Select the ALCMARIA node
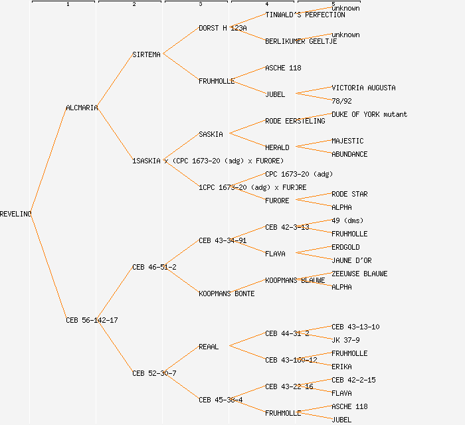coord(82,108)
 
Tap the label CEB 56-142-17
coord(92,320)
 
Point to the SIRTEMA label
coord(146,54)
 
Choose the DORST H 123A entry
coord(223,28)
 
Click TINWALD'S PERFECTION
coord(305,15)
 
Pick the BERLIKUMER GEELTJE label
coord(301,41)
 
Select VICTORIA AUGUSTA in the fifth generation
coord(363,88)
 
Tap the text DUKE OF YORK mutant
coord(369,114)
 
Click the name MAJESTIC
coord(347,141)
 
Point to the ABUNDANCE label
coord(349,154)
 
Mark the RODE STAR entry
coord(349,194)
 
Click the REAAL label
coord(209,347)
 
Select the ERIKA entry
coord(341,367)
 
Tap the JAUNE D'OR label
coord(351,260)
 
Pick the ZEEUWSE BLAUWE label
coord(359,274)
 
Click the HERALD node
coord(277,147)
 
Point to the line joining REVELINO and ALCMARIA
coord(48,161)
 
